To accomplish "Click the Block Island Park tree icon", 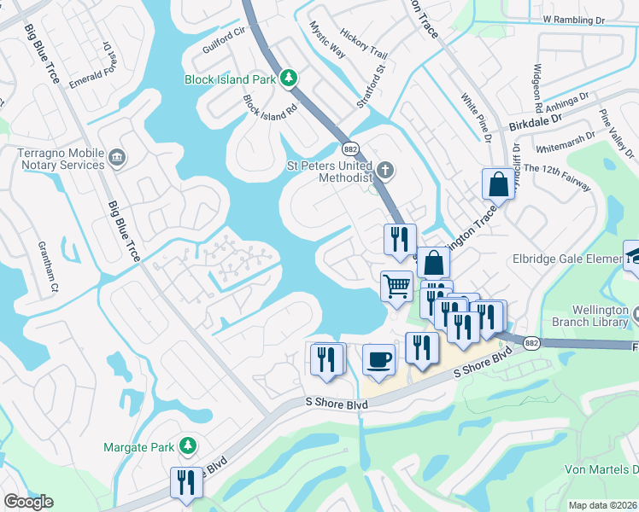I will point(290,79).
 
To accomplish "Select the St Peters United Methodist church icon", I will point(385,170).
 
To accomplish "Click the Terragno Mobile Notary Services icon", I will point(118,157).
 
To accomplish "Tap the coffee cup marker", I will point(378,360).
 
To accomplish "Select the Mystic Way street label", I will point(327,39).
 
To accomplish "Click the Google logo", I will point(28,502).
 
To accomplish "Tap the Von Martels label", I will point(601,470).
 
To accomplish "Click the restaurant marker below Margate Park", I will point(185,482).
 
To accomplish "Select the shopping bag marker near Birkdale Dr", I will point(498,183).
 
